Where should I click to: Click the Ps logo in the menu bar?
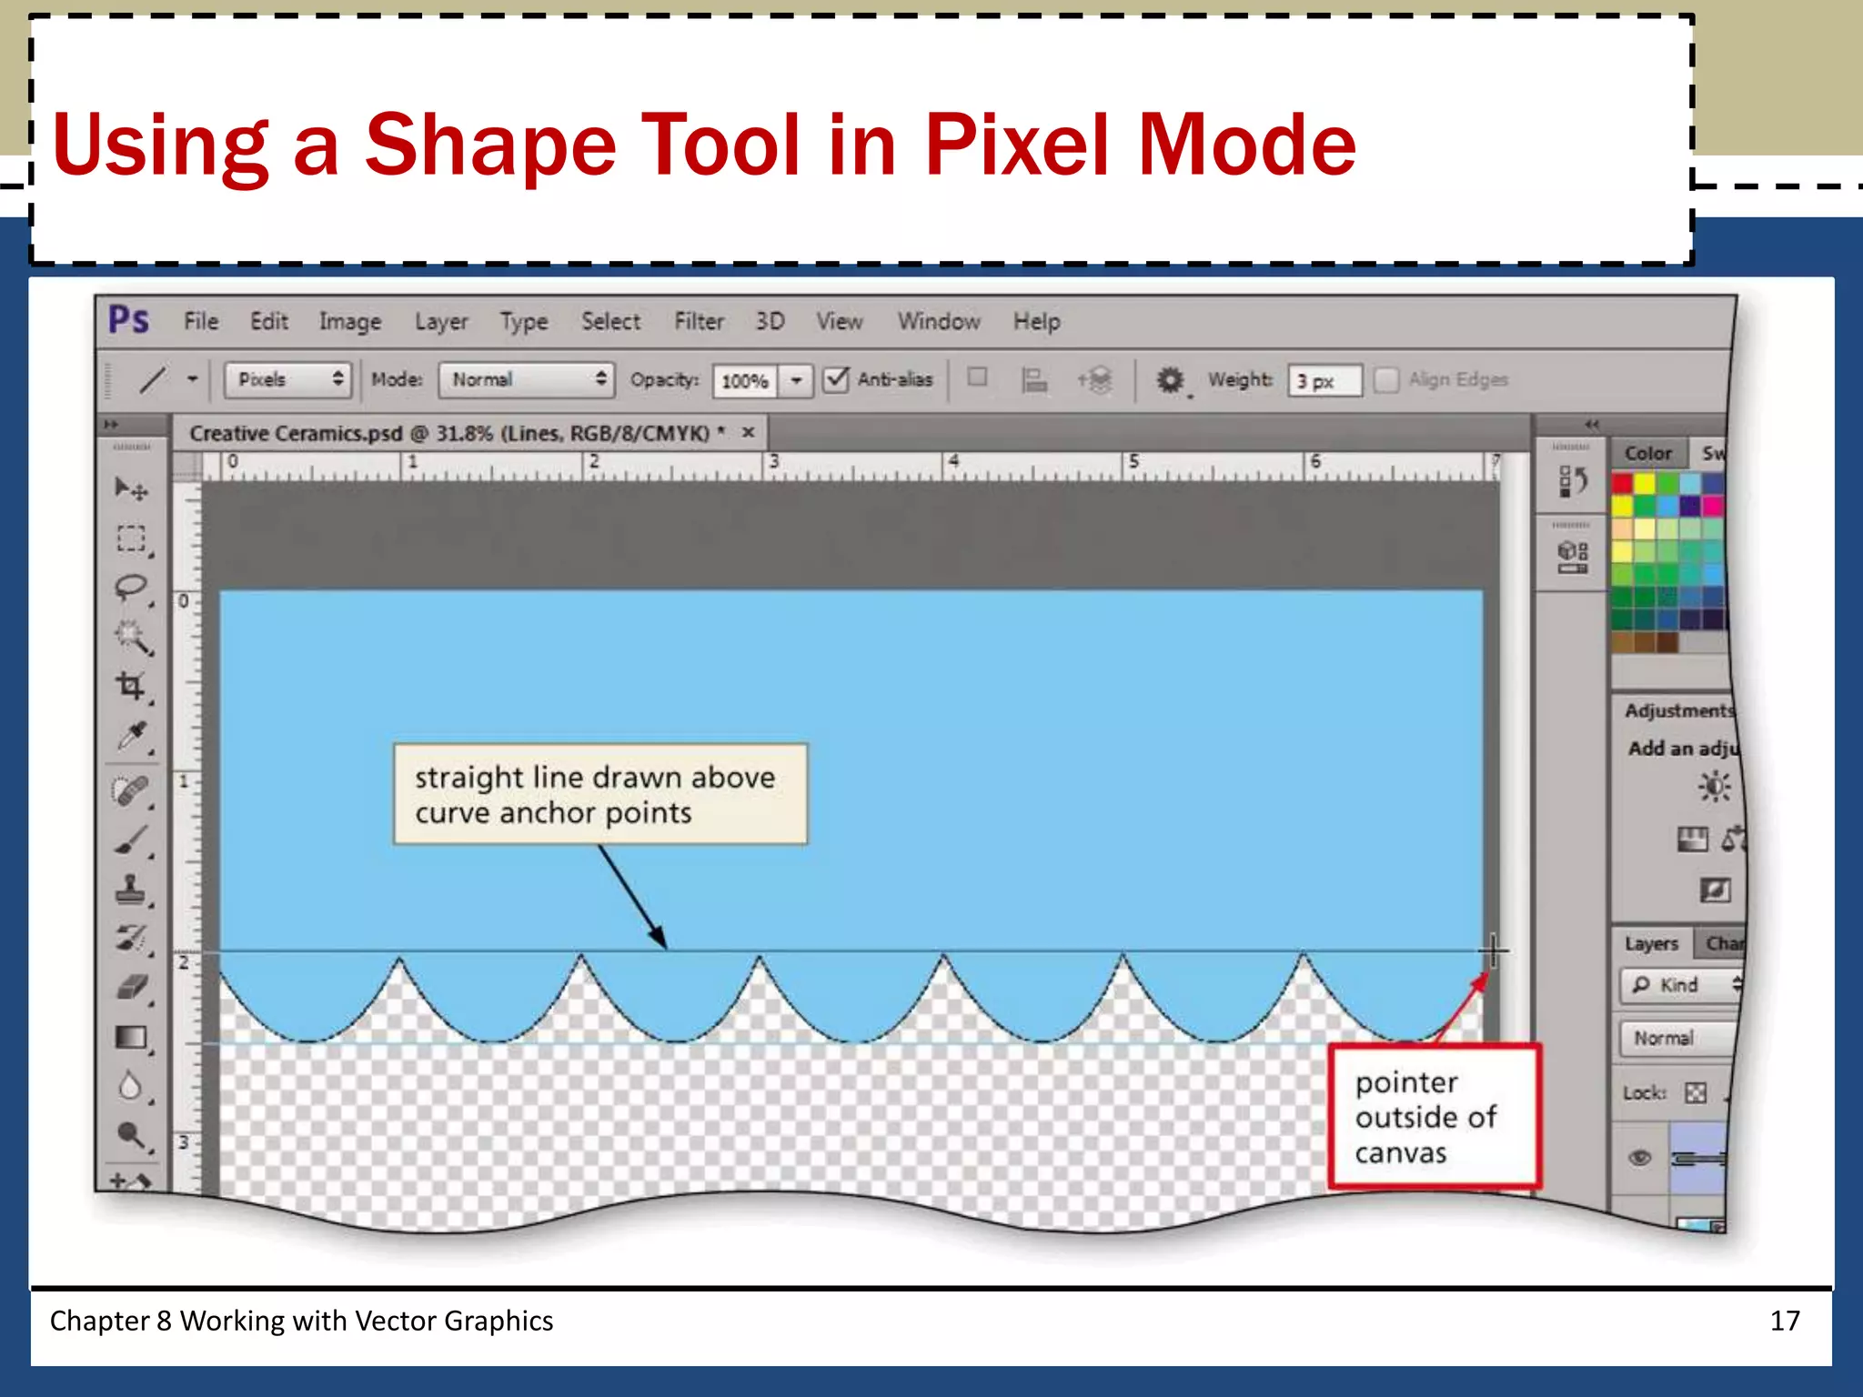(x=128, y=320)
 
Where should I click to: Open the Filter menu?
(x=699, y=321)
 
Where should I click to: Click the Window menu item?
(x=939, y=321)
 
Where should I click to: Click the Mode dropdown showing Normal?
(x=526, y=379)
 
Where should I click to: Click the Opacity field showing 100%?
(x=745, y=380)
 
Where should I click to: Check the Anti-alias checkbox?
(x=836, y=379)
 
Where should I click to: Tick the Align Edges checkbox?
(x=1385, y=379)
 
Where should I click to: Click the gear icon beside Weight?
(x=1170, y=379)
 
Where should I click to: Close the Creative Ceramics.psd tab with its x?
(x=748, y=432)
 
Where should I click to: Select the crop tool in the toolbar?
(x=130, y=686)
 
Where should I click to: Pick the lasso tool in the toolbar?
(x=130, y=588)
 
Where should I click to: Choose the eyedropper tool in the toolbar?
(x=132, y=736)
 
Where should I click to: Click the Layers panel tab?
(x=1651, y=943)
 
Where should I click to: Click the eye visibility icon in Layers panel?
(x=1639, y=1157)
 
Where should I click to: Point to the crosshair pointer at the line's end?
(x=1493, y=951)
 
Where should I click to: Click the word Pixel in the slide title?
(x=1016, y=144)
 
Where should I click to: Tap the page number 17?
(x=1785, y=1321)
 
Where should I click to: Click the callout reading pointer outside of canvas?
(x=1434, y=1117)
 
